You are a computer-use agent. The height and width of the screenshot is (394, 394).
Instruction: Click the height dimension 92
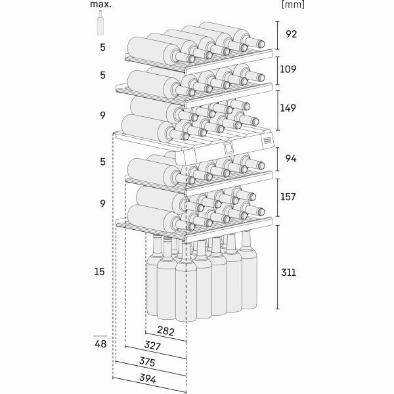click(x=291, y=34)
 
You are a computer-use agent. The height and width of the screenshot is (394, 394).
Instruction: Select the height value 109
click(x=291, y=68)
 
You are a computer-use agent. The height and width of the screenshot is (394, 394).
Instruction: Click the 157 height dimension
click(x=291, y=198)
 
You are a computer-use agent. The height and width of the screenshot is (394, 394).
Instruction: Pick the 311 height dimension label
click(x=291, y=272)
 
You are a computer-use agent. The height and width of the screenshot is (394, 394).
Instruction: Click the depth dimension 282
click(x=165, y=332)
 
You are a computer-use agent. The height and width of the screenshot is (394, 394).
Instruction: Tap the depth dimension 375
click(x=147, y=362)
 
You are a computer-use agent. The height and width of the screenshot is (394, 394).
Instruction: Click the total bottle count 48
click(x=100, y=343)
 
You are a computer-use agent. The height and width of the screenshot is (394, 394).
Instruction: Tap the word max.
click(x=101, y=4)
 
